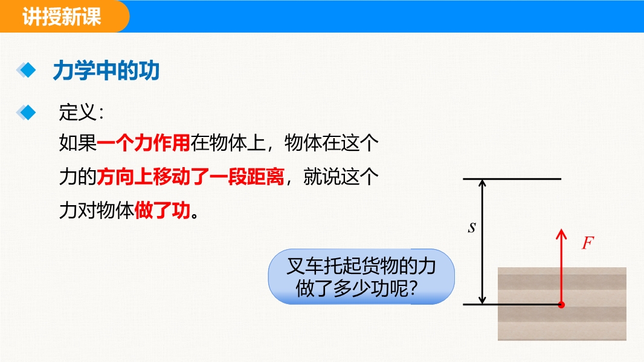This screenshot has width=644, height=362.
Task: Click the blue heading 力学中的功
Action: [x=106, y=71]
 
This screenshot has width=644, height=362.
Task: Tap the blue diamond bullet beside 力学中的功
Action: [x=27, y=70]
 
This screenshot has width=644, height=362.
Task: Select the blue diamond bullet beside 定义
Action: [x=27, y=112]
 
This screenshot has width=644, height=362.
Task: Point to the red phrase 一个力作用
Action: [x=143, y=143]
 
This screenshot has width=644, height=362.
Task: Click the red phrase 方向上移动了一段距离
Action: [x=190, y=177]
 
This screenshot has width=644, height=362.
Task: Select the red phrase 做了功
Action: [x=163, y=211]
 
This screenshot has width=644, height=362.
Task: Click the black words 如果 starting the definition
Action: [x=78, y=143]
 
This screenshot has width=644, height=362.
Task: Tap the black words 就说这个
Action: [x=341, y=177]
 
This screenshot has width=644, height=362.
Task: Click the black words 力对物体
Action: [x=97, y=211]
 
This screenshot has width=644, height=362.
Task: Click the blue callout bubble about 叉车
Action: [x=361, y=277]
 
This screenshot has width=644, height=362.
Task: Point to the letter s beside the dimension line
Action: [x=472, y=227]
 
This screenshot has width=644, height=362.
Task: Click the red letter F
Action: [x=588, y=243]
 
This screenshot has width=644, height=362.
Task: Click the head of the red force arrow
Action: [x=561, y=233]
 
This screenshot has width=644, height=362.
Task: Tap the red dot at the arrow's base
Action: [x=561, y=305]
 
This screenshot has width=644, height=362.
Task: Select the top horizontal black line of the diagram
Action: [x=512, y=179]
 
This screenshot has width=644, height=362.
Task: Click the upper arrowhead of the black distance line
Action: [x=483, y=183]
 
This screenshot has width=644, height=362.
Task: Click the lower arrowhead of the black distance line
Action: [x=483, y=300]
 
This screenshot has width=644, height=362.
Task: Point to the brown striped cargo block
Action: [x=562, y=304]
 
